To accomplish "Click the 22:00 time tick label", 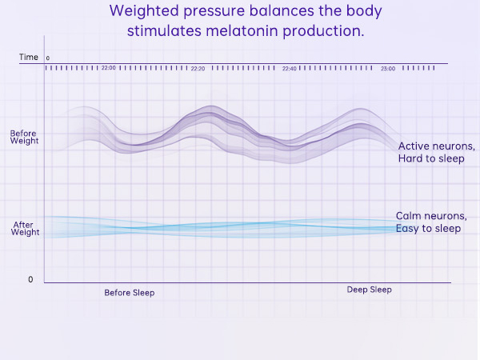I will click(109, 69).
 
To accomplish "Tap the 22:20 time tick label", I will click(198, 69).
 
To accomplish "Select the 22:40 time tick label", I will click(290, 69).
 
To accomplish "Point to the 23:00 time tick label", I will click(388, 69).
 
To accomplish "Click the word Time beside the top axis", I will click(29, 58).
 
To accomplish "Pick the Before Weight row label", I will click(24, 137).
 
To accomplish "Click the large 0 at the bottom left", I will click(30, 279).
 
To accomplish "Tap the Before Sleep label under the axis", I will click(129, 293).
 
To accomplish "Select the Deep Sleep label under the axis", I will click(369, 290).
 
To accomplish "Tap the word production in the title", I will click(324, 31).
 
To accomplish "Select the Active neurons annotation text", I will click(436, 146).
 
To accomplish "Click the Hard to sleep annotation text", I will click(431, 159).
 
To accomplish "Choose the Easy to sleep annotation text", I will click(428, 229).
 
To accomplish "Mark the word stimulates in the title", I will click(162, 31).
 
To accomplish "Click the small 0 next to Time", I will click(48, 58).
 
